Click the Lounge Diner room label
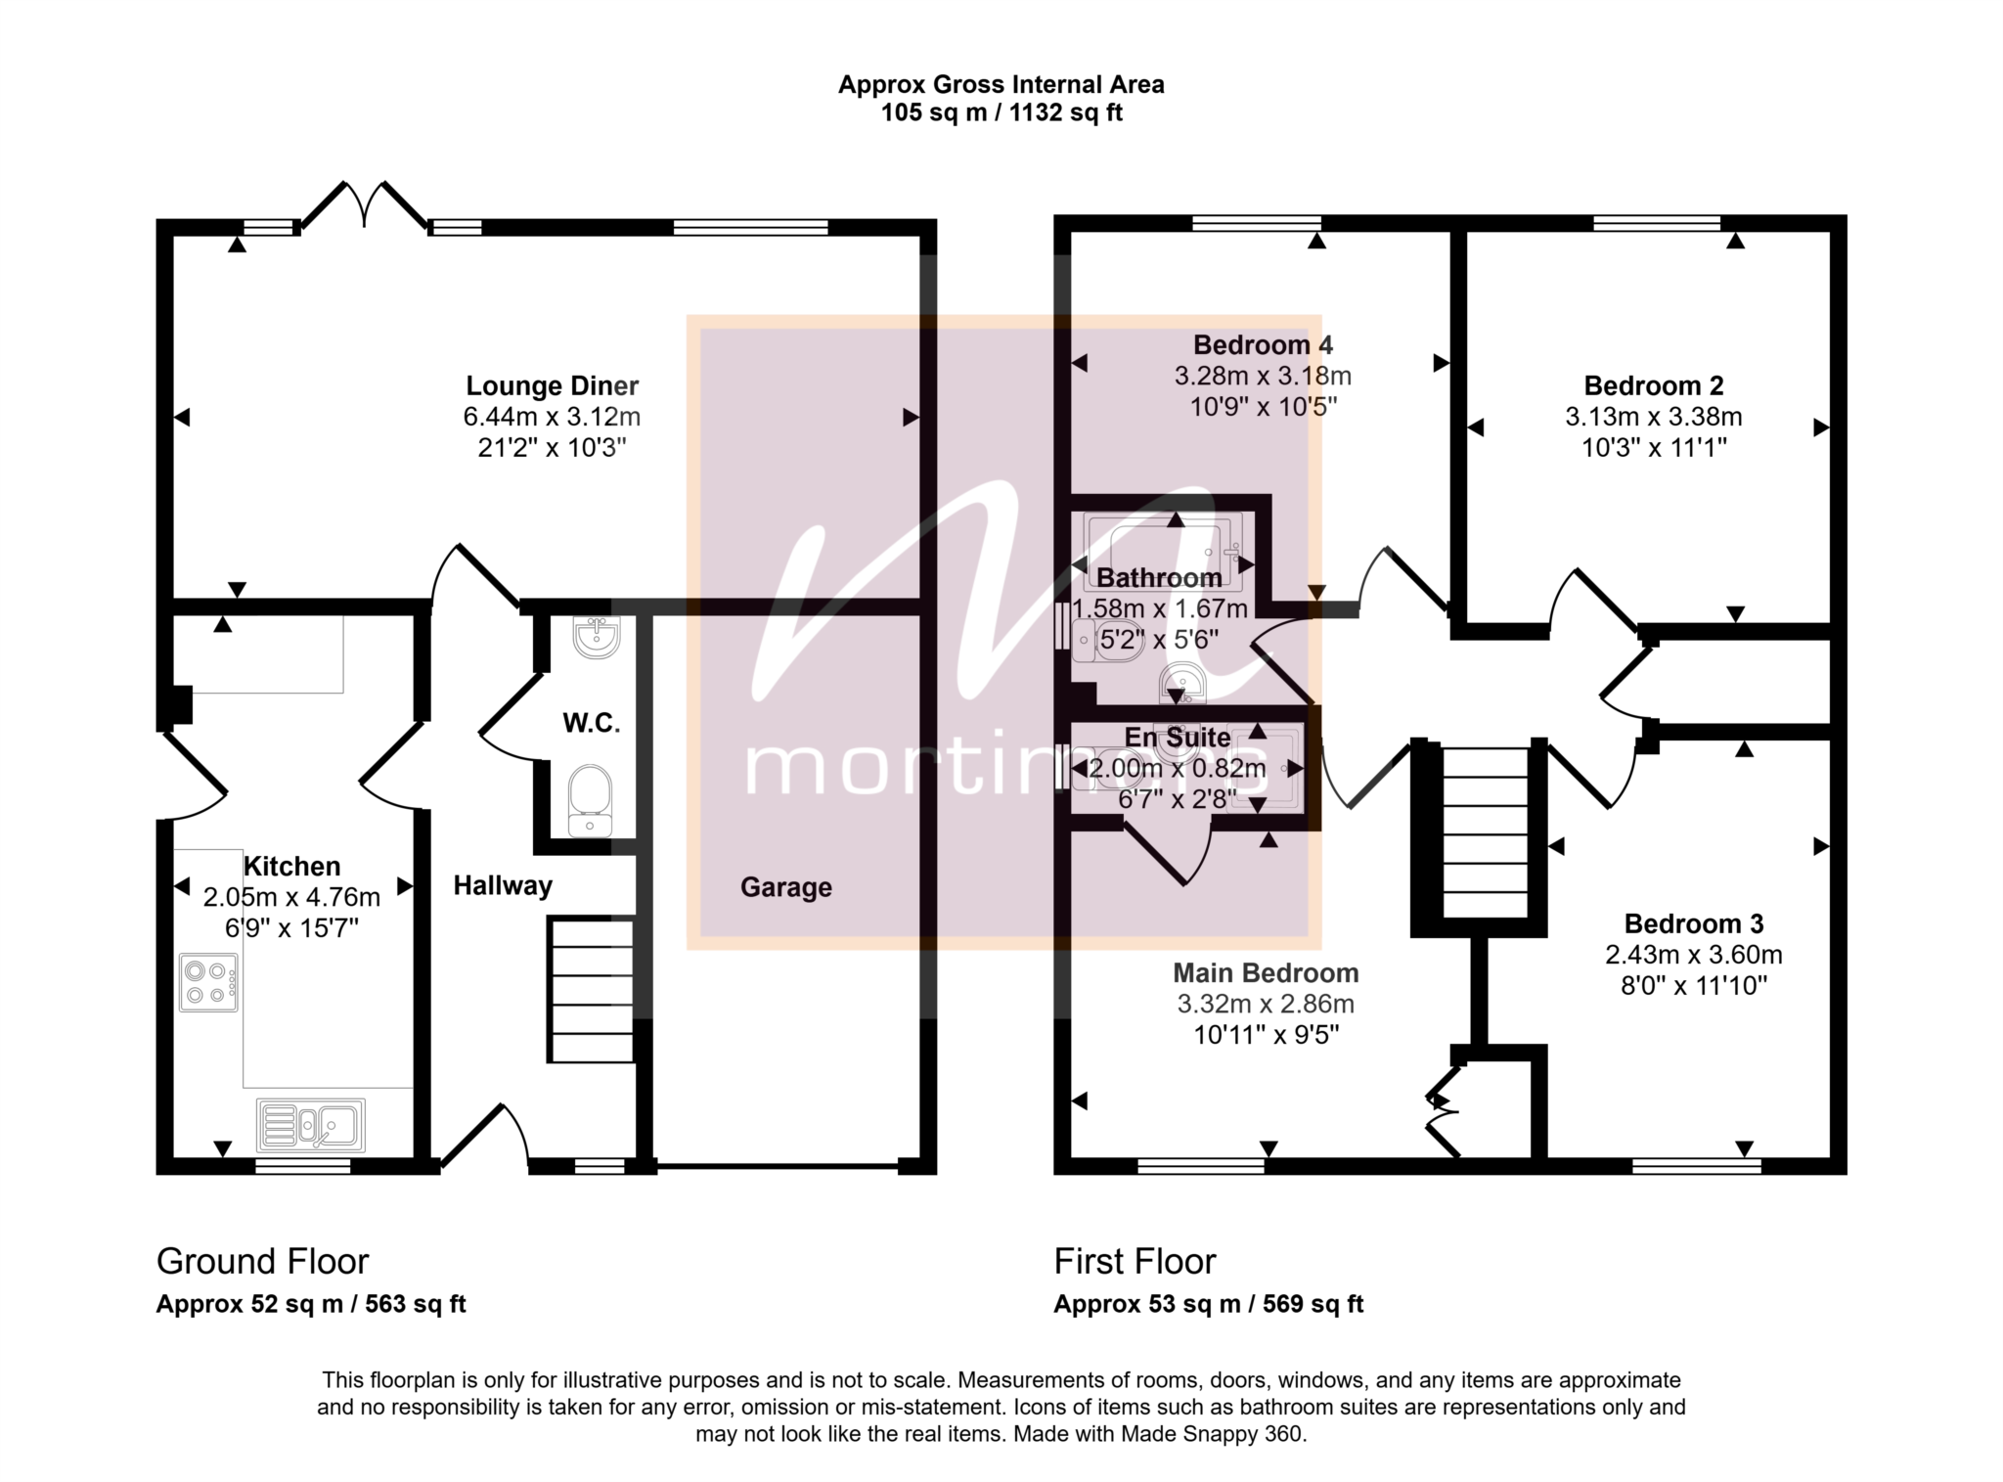coord(552,385)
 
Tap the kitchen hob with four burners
coord(208,982)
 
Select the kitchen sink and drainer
coord(311,1125)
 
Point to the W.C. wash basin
coord(596,637)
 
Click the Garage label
coord(785,887)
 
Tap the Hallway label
coord(503,885)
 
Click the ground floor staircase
coord(591,990)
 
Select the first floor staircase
coord(1486,832)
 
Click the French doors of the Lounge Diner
coord(364,204)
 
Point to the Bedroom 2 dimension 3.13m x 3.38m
coord(1653,417)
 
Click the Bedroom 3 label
coord(1694,923)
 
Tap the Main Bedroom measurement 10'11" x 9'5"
coord(1266,1035)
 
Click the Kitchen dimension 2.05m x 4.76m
coord(291,897)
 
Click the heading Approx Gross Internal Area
coord(1001,85)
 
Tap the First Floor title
coord(1135,1262)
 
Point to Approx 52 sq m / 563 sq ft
coord(311,1304)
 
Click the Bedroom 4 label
coord(1263,344)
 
